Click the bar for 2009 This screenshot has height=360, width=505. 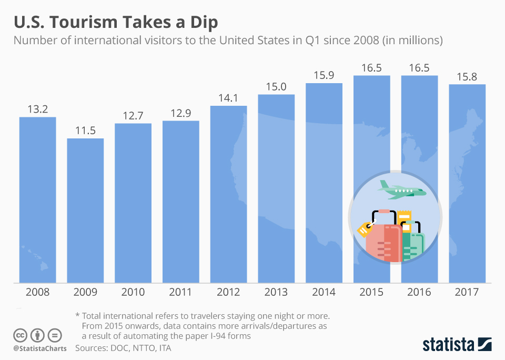pyautogui.click(x=85, y=211)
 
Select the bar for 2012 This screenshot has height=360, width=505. pyautogui.click(x=228, y=195)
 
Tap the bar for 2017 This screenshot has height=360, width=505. pyautogui.click(x=467, y=184)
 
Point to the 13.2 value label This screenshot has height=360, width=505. pyautogui.click(x=37, y=109)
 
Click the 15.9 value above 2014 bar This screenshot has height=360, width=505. pyautogui.click(x=324, y=75)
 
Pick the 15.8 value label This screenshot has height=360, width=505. pyautogui.click(x=467, y=76)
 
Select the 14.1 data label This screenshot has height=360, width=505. pyautogui.click(x=228, y=98)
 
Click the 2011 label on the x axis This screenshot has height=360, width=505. pyautogui.click(x=180, y=292)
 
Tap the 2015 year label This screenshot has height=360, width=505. pyautogui.click(x=371, y=292)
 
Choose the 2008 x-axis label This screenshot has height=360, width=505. pyautogui.click(x=37, y=292)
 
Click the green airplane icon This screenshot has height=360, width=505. pyautogui.click(x=401, y=191)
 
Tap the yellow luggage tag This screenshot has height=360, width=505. pyautogui.click(x=365, y=229)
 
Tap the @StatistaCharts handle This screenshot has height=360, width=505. pyautogui.click(x=39, y=348)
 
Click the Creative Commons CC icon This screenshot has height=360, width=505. pyautogui.click(x=21, y=335)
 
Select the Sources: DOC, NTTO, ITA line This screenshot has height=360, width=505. pyautogui.click(x=123, y=348)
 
